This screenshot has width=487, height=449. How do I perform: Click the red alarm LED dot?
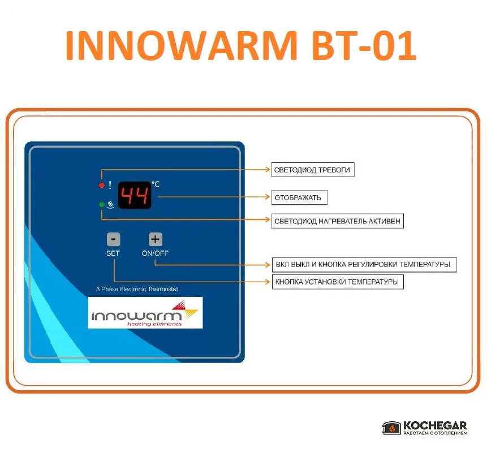[x=102, y=185]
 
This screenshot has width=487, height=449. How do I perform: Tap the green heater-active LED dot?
[x=102, y=204]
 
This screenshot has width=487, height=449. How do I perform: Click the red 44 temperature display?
[x=135, y=195]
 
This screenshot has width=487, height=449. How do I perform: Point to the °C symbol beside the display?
[x=156, y=184]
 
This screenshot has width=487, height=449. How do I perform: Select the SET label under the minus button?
[x=113, y=253]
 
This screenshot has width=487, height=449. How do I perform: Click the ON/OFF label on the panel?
[x=155, y=253]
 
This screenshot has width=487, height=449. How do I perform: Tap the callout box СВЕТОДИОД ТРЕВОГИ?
[x=313, y=170]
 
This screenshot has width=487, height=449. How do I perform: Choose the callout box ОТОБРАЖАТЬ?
[x=299, y=197]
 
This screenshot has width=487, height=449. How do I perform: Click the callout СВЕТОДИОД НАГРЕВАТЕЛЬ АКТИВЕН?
[x=338, y=221]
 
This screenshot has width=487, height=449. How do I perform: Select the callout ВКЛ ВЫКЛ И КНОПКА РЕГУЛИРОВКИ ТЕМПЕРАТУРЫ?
[x=364, y=265]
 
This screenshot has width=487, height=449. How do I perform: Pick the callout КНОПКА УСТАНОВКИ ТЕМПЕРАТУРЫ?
[x=338, y=282]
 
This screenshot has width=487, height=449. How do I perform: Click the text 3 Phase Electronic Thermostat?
[x=137, y=289]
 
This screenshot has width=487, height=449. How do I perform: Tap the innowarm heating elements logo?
[x=145, y=313]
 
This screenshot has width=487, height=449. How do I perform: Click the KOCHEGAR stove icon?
[x=391, y=428]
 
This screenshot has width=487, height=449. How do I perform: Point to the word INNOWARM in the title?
[x=181, y=45]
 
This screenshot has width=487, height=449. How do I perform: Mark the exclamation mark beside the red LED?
[x=110, y=185]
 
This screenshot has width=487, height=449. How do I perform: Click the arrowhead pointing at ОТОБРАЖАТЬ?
[x=267, y=197]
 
